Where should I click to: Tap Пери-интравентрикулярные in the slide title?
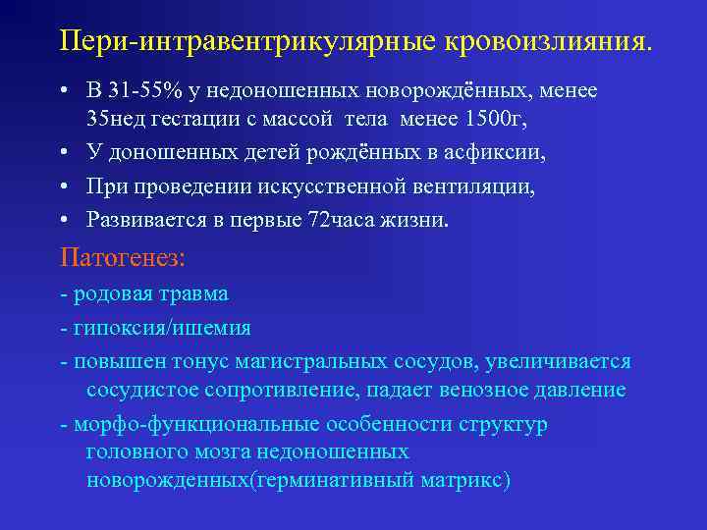pos(249,42)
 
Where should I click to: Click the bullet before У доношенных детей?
pos(62,154)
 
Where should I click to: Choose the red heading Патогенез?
pos(122,258)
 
